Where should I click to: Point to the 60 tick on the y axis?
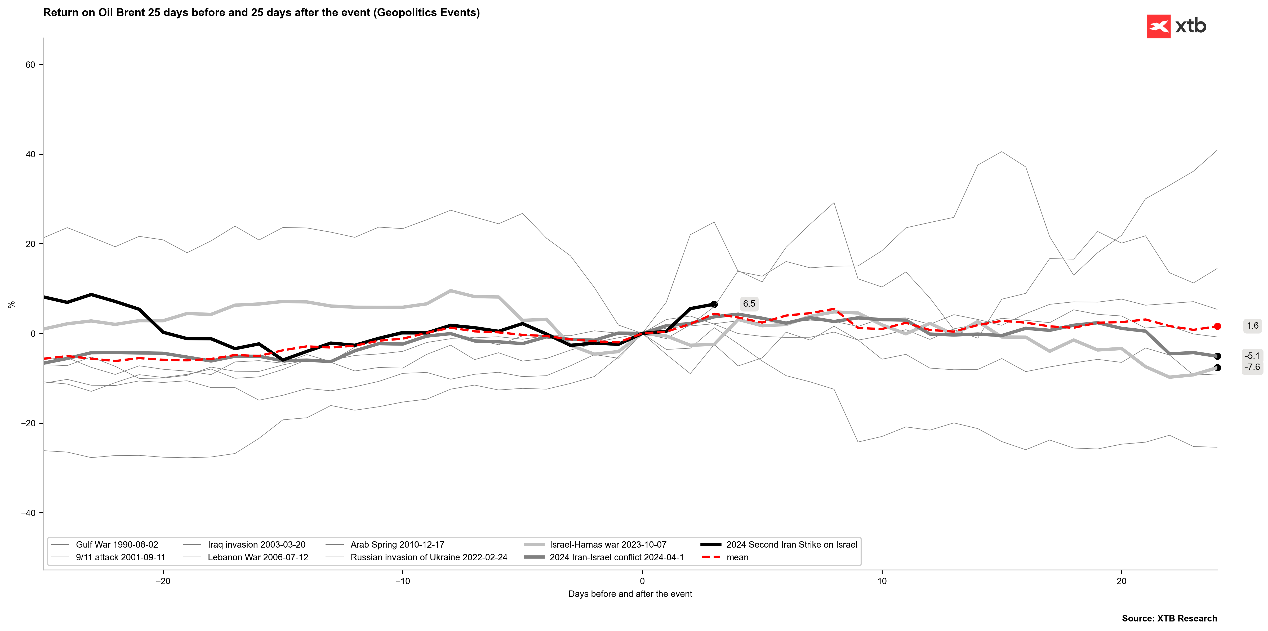30,65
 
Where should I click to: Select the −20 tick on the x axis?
163,581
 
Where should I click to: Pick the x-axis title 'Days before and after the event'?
630,594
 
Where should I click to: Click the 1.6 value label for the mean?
1252,326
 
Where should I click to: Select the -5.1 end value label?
1252,356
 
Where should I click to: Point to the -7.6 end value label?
1252,367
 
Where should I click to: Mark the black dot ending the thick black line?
714,304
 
